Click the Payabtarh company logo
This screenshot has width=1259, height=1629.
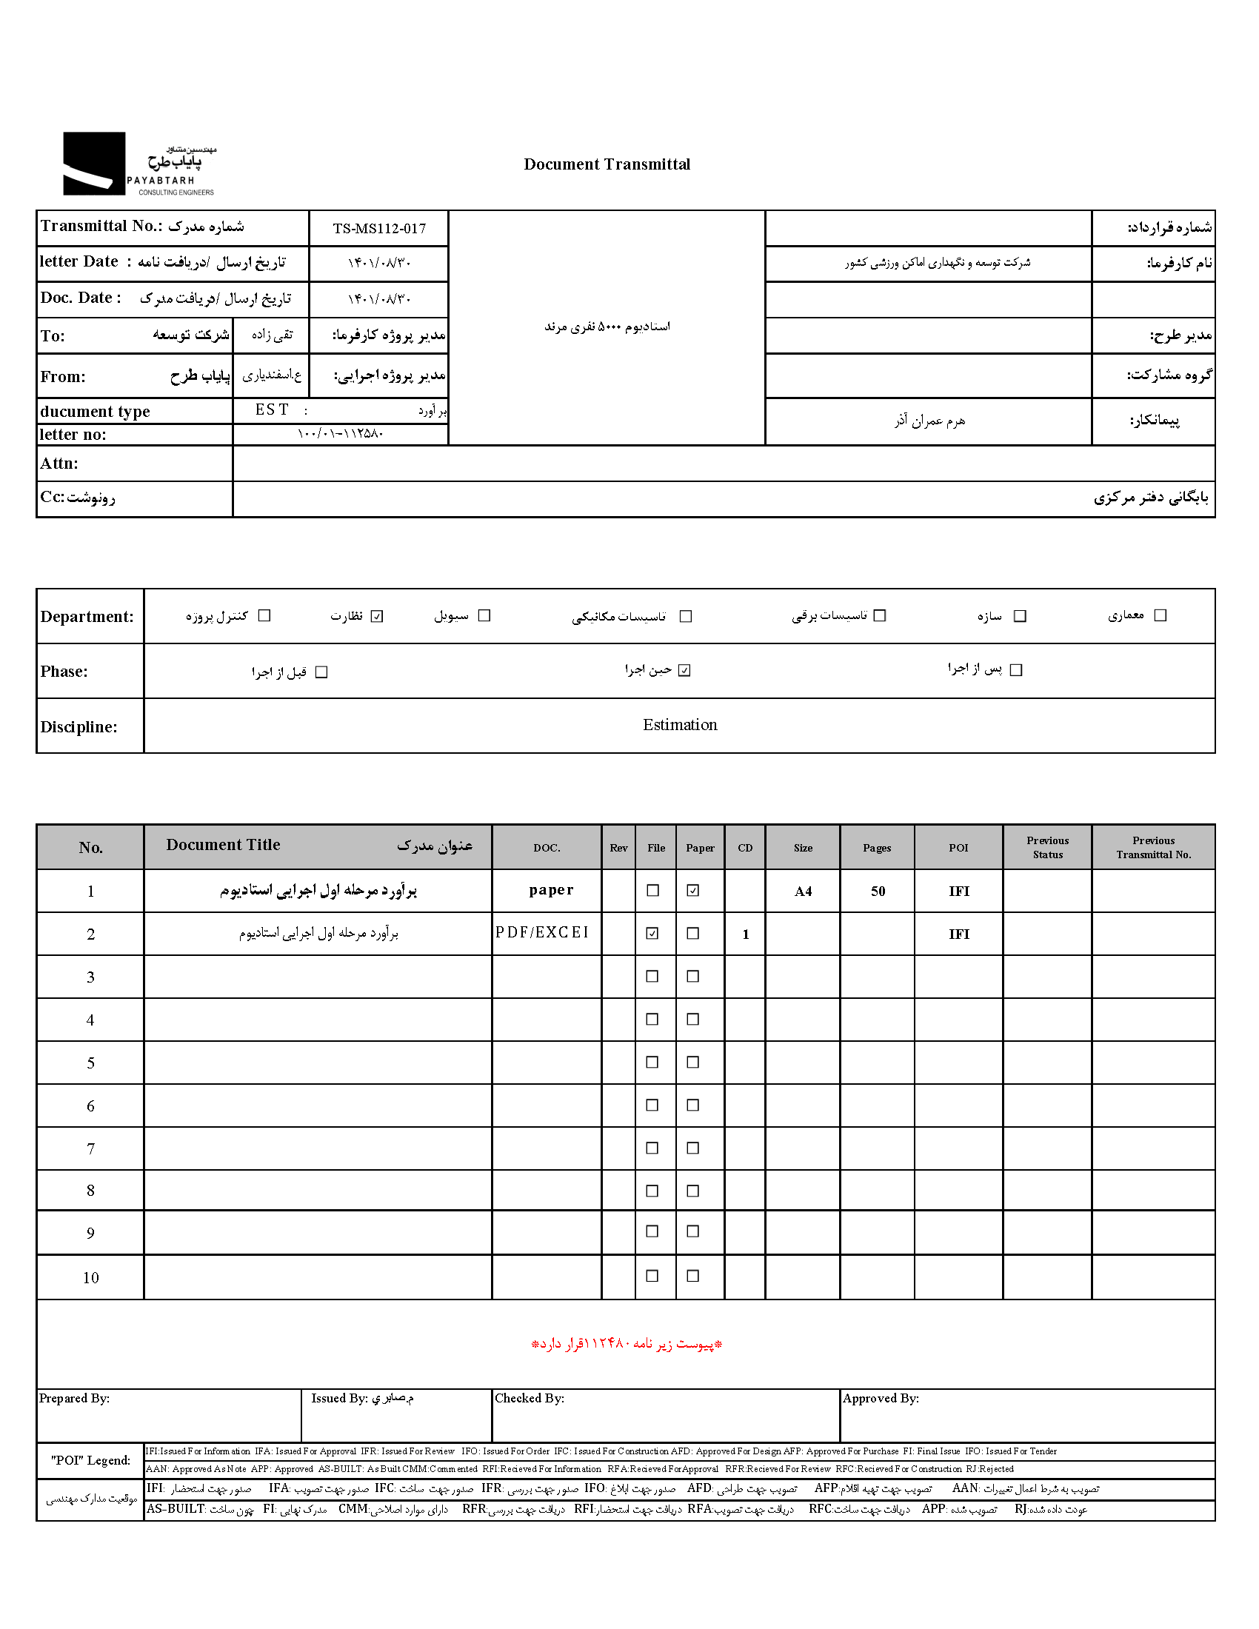pyautogui.click(x=138, y=164)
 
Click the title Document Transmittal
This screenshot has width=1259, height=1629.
pyautogui.click(x=607, y=164)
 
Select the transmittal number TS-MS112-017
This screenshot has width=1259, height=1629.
pyautogui.click(x=379, y=229)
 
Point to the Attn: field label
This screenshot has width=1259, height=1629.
pyautogui.click(x=60, y=464)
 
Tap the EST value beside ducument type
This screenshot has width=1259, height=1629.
pyautogui.click(x=272, y=410)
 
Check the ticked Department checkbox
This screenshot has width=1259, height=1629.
pyautogui.click(x=377, y=616)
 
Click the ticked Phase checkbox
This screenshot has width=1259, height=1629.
pyautogui.click(x=685, y=671)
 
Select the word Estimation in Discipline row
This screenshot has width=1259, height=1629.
pyautogui.click(x=679, y=725)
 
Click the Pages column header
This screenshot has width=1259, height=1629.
pyautogui.click(x=876, y=848)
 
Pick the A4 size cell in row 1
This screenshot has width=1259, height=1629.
pyautogui.click(x=803, y=892)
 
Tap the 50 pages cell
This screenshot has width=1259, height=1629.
pyautogui.click(x=878, y=892)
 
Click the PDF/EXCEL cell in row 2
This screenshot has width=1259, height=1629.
pyautogui.click(x=542, y=933)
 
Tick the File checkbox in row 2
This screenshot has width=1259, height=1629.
pyautogui.click(x=652, y=934)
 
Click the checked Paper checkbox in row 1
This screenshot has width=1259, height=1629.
pyautogui.click(x=693, y=891)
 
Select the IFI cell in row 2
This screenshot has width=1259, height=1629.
pyautogui.click(x=958, y=934)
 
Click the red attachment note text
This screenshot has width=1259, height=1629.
pyautogui.click(x=627, y=1344)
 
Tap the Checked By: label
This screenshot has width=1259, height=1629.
pyautogui.click(x=530, y=1399)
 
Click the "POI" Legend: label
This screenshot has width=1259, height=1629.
pyautogui.click(x=90, y=1460)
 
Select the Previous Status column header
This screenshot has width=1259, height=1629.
pyautogui.click(x=1047, y=848)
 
